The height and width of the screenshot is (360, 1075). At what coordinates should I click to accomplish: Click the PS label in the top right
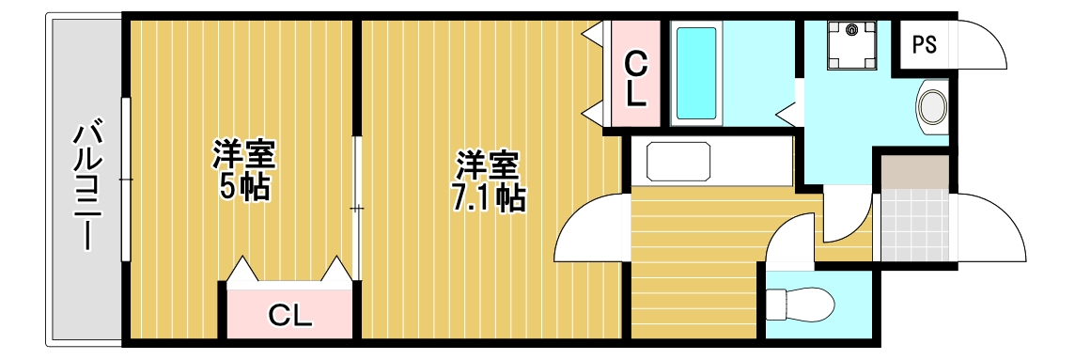pos(924,45)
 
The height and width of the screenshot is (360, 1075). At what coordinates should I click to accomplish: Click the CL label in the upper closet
pos(636,79)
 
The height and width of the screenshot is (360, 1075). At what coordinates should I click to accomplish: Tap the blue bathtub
pos(695,73)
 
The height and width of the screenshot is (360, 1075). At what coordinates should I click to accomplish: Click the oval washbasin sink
pos(932,106)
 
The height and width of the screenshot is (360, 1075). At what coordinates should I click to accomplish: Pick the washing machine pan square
pos(851,45)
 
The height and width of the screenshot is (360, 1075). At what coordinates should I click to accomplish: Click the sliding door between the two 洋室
pos(356,207)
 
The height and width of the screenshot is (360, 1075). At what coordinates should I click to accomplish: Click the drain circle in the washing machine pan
pos(851,30)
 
